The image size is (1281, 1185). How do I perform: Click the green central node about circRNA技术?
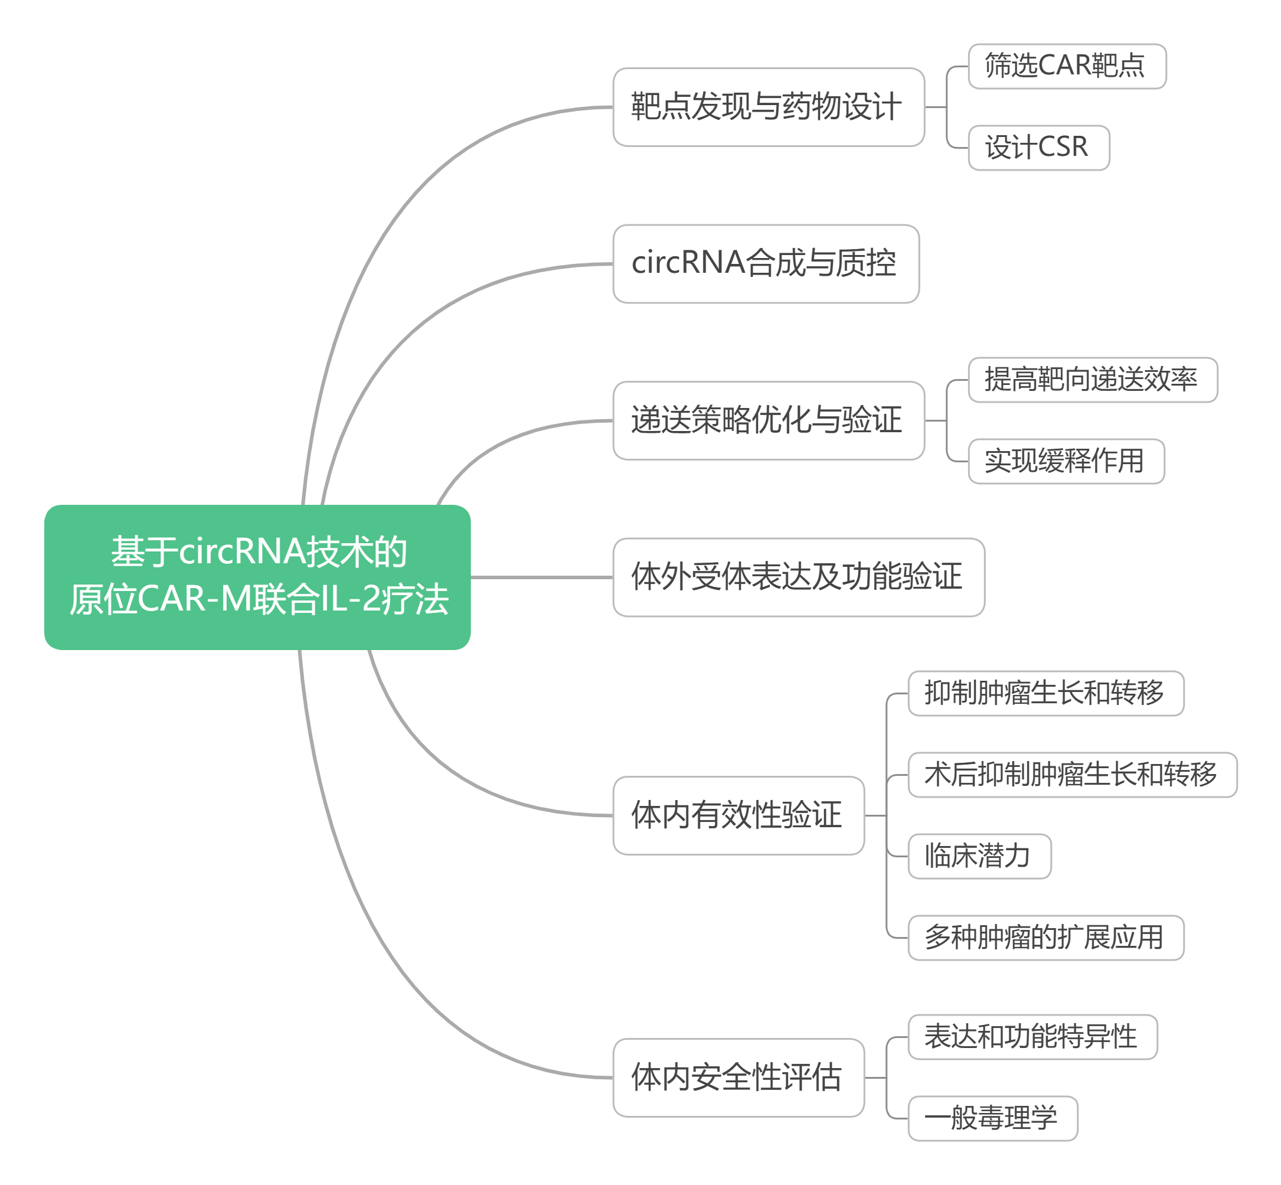click(257, 577)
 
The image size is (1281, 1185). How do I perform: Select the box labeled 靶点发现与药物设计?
click(769, 107)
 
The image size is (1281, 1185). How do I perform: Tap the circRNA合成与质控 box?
click(766, 263)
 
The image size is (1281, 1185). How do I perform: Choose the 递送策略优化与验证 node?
click(769, 420)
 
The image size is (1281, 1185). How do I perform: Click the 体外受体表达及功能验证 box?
click(799, 577)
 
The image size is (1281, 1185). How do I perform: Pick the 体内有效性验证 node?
click(738, 815)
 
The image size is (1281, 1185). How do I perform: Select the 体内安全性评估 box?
click(738, 1078)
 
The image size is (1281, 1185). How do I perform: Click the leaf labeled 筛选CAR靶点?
click(1067, 66)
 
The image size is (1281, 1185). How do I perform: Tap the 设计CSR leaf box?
click(1038, 148)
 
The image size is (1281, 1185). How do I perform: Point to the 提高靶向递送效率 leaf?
click(1093, 380)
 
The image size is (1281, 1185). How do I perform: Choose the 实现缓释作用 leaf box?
click(1066, 461)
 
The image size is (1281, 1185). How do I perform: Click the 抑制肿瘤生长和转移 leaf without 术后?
click(1045, 693)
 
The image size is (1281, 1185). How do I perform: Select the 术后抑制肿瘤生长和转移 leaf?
click(1073, 775)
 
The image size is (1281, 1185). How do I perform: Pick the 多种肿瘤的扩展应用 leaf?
click(1045, 938)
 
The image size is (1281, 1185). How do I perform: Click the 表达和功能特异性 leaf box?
click(1033, 1037)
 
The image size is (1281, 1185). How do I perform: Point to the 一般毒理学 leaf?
click(993, 1118)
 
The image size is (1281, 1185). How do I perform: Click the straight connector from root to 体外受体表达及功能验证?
click(543, 577)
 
